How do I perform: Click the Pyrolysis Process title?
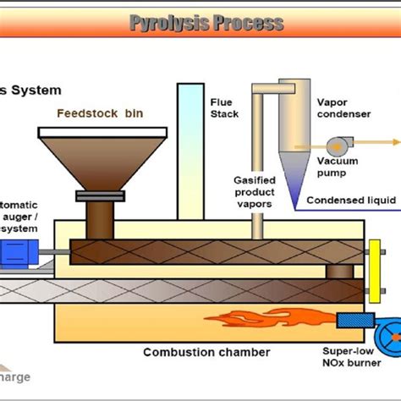coord(206,23)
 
